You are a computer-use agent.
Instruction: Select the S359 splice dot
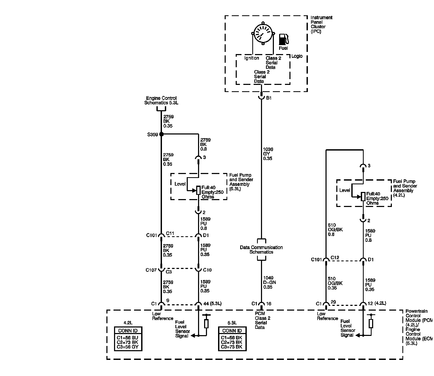coord(161,134)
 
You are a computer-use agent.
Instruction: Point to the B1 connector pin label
coord(269,98)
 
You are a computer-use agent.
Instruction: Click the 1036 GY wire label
coord(268,154)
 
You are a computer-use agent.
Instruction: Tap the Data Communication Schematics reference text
coord(261,250)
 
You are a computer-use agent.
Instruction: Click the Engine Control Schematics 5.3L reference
coord(161,100)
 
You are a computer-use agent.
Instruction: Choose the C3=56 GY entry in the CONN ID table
coord(127,347)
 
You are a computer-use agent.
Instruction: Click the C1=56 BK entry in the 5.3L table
coord(231,338)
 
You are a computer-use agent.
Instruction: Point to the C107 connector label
coord(151,270)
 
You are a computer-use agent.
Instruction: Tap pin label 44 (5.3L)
coord(213,304)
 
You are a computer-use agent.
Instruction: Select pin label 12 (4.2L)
coord(377,303)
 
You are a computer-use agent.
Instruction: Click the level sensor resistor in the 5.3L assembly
coord(198,190)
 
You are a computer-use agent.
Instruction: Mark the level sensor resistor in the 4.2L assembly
coord(363,197)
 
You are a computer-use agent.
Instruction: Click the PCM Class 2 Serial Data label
coord(262,321)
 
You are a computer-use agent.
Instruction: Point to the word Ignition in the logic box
coord(251,58)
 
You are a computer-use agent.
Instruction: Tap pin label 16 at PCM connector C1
coord(269,304)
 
